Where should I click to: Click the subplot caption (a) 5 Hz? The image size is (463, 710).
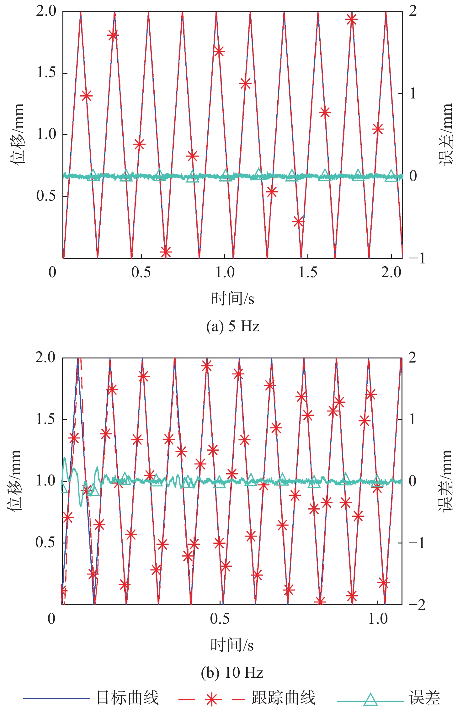232,326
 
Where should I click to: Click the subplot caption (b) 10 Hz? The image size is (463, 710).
232,673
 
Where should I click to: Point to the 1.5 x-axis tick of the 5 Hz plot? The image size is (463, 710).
308,272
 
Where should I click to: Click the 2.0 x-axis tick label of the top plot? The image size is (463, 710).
391,272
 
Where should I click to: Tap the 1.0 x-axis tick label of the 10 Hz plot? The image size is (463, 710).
378,618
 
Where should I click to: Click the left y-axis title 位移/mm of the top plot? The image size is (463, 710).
16,134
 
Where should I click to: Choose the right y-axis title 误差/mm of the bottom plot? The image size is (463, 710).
445,480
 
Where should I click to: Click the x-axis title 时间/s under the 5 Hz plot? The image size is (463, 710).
232,298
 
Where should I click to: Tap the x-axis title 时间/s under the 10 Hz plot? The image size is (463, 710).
232,645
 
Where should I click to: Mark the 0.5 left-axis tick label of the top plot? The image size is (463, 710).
46,196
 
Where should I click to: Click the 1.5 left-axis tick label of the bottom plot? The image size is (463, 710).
45,419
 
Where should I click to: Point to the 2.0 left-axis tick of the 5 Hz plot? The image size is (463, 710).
46,11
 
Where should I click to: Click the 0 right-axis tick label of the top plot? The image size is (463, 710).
413,176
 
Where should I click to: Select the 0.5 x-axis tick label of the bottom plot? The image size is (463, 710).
220,618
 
